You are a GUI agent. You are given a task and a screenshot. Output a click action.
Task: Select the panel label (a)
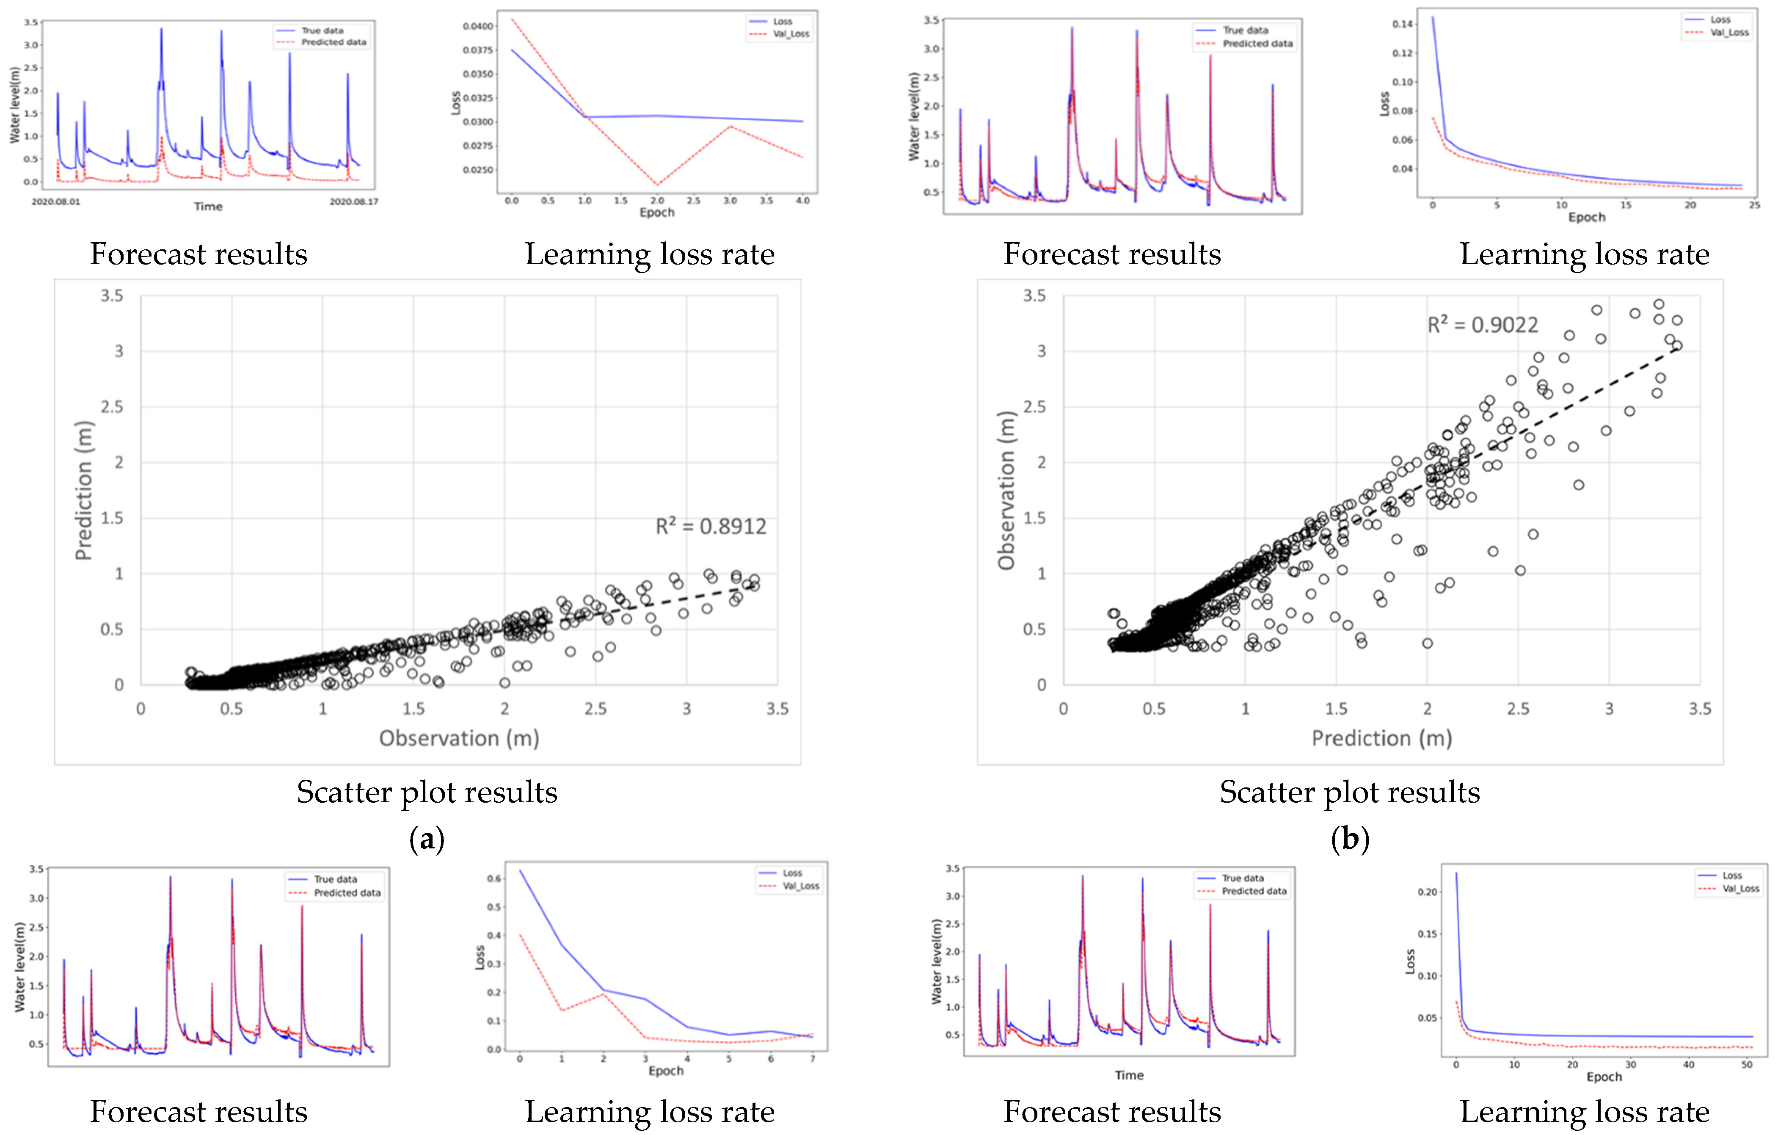tap(427, 839)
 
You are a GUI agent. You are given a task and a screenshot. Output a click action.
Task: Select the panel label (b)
tap(1350, 839)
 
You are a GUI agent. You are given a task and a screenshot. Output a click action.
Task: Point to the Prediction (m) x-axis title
tap(1381, 738)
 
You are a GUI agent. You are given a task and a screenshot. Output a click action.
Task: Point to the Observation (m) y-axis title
tap(1006, 490)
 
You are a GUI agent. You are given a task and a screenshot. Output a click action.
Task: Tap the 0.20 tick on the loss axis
tap(1427, 892)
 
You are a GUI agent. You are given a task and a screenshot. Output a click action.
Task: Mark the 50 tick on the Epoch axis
tap(1746, 1065)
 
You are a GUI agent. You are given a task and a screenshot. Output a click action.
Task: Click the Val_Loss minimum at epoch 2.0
tap(657, 185)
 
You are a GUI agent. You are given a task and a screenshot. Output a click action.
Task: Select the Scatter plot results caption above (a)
tap(427, 793)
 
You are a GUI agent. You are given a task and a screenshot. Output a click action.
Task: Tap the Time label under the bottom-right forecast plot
tap(1129, 1075)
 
